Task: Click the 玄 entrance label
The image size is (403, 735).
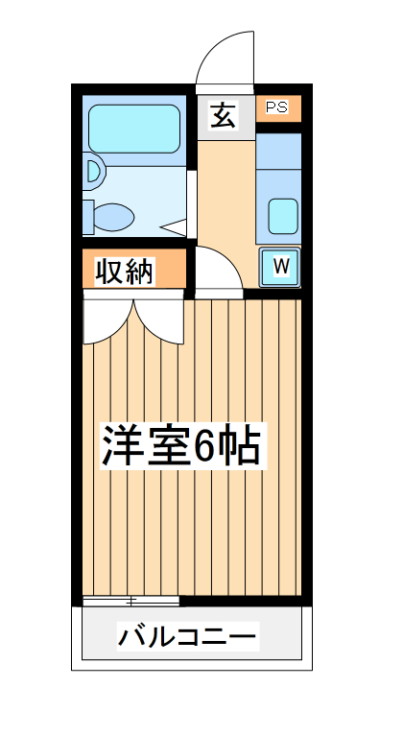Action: point(223,116)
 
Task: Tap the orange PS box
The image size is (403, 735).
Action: point(278,107)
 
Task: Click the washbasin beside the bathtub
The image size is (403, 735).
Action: point(92,172)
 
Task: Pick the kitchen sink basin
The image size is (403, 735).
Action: point(283,215)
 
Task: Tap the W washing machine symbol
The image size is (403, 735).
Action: point(281,266)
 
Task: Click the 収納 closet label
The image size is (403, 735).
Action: point(125,273)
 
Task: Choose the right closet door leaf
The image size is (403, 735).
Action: point(159,320)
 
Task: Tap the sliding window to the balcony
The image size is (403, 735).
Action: point(131,602)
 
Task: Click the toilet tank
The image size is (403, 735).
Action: point(88,215)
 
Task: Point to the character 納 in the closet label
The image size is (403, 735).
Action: point(140,273)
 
